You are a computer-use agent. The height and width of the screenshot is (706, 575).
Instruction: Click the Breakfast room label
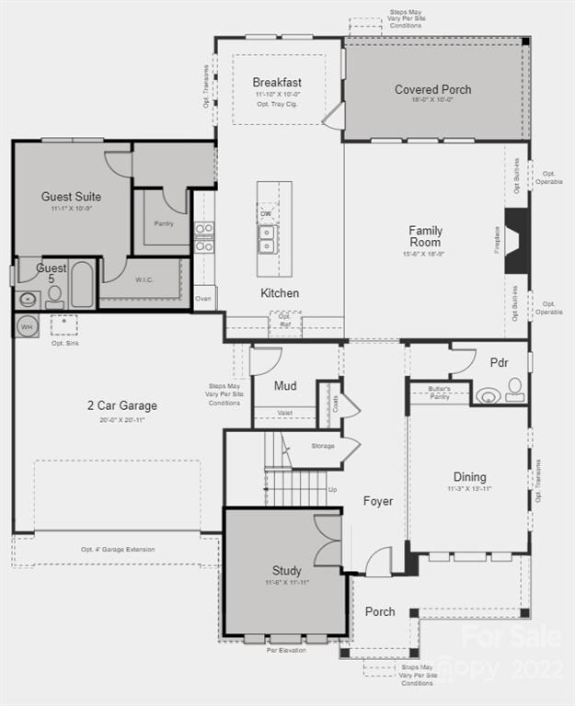277,83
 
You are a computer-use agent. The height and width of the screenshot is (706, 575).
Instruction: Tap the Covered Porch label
432,89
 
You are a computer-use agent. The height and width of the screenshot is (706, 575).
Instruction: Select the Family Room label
425,236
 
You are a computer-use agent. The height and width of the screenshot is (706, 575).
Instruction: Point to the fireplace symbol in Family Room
517,241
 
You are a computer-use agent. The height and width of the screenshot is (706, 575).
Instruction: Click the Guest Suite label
71,197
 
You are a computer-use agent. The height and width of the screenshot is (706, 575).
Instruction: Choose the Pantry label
164,223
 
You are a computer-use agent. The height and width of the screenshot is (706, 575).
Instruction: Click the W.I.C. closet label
144,280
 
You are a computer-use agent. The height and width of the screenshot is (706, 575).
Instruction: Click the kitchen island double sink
267,239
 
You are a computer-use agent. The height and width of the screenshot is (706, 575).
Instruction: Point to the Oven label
203,298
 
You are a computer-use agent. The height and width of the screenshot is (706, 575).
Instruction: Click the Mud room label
285,386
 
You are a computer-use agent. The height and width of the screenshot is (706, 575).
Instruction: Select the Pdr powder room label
499,363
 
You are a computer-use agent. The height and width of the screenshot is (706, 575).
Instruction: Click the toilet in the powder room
515,390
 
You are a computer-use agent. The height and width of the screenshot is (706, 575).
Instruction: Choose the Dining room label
469,477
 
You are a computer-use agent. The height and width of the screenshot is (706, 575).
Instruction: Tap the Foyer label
377,501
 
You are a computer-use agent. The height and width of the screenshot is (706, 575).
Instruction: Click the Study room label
286,570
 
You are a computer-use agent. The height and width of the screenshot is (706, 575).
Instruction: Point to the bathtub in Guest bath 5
82,285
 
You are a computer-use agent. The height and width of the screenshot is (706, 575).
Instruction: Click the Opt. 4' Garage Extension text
118,550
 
